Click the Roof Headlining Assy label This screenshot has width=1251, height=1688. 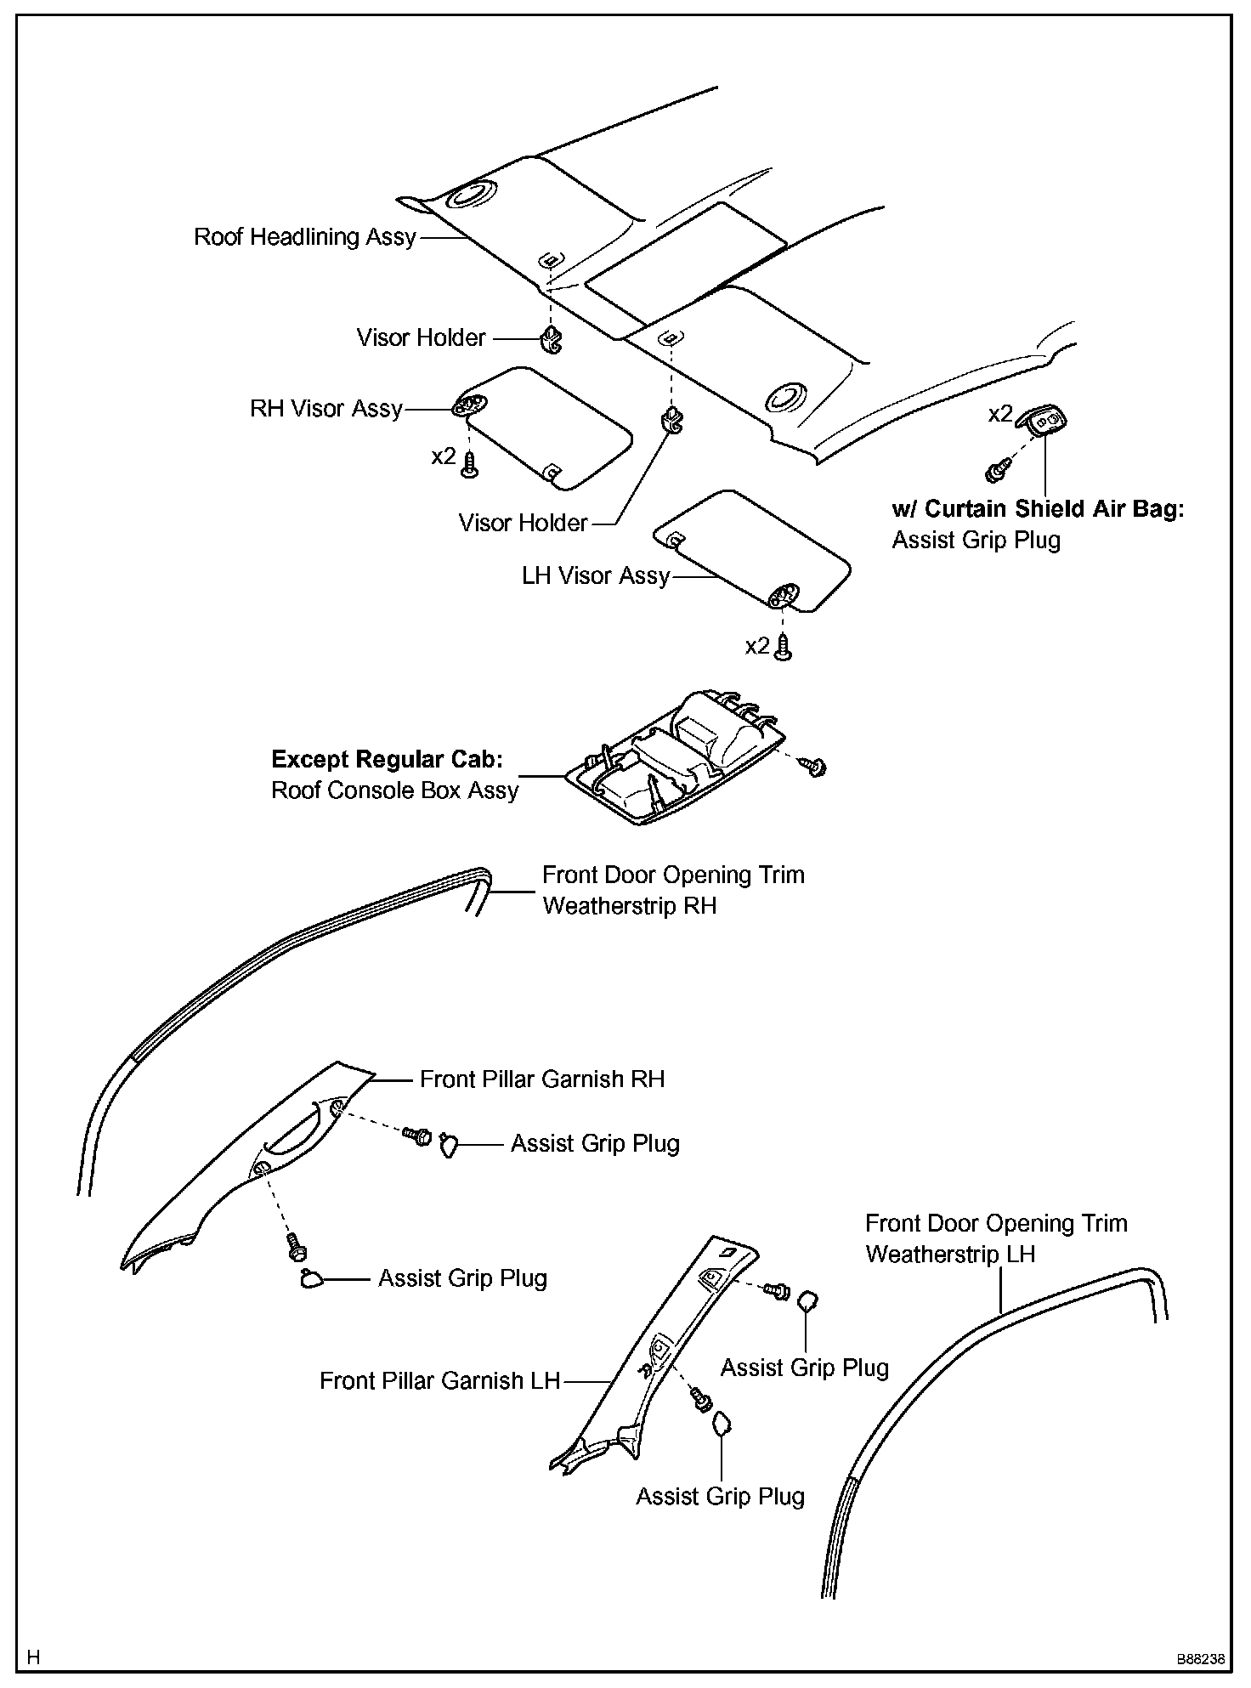coord(304,237)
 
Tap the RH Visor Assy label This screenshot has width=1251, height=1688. coord(325,409)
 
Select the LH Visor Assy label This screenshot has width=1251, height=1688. coord(596,576)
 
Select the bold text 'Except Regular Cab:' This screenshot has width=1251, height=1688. coord(387,759)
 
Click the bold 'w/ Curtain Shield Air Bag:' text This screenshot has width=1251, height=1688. coord(1038,509)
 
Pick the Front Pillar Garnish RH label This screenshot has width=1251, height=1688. coord(542,1079)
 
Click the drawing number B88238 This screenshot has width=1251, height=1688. coord(1200,1659)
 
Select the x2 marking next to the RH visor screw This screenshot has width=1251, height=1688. coord(443,456)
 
